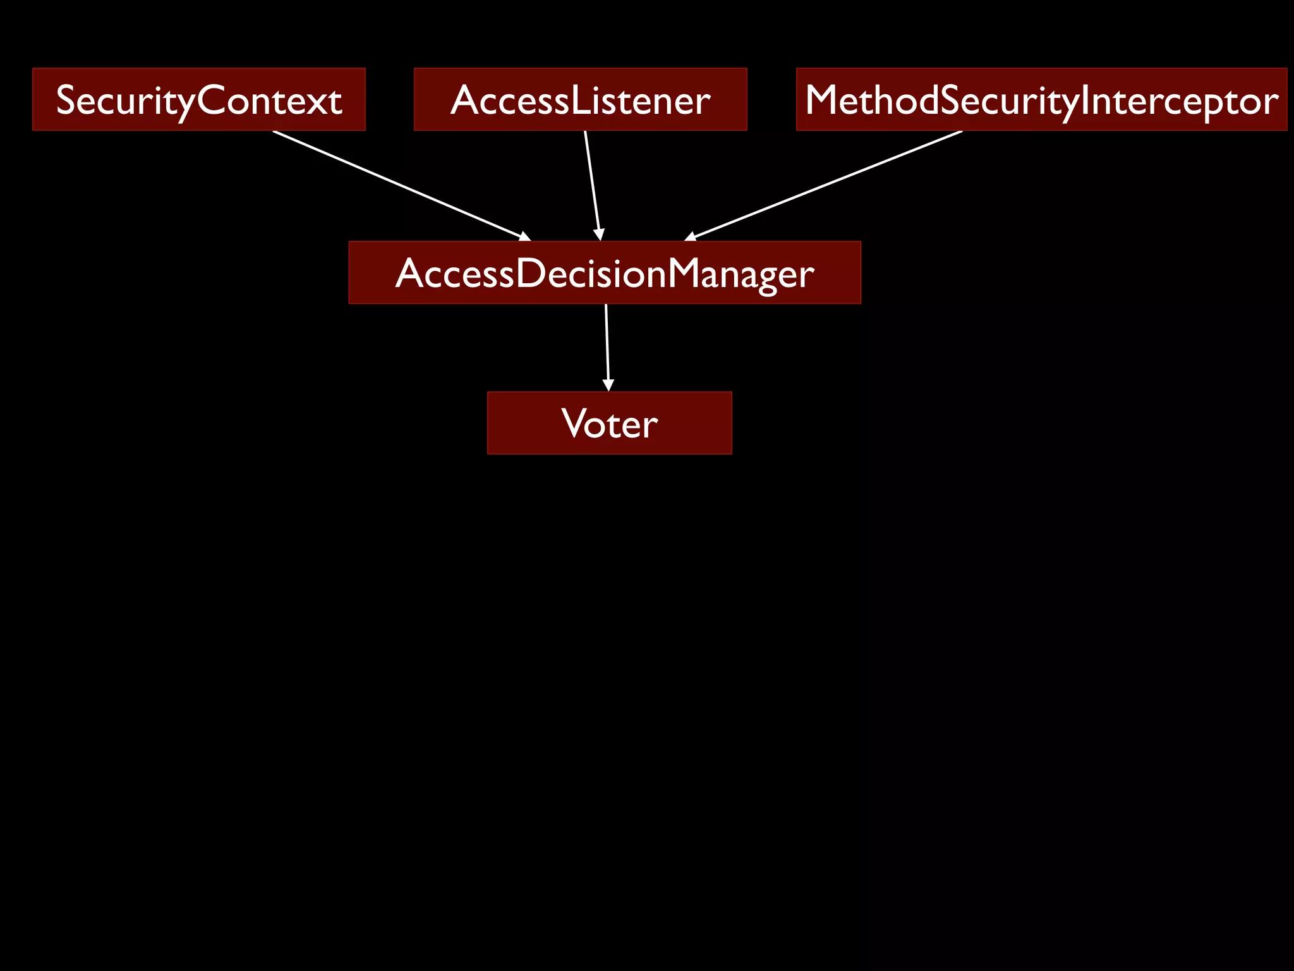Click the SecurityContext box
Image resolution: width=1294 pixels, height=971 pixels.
pyautogui.click(x=198, y=99)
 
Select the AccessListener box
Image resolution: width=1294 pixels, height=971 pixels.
pyautogui.click(x=580, y=99)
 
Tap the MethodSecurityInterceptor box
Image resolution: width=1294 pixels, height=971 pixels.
pyautogui.click(x=1041, y=99)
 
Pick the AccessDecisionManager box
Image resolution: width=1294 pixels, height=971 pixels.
pyautogui.click(x=605, y=272)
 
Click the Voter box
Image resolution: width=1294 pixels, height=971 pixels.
pyautogui.click(x=609, y=422)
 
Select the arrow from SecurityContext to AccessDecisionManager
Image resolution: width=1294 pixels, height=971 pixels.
pyautogui.click(x=398, y=185)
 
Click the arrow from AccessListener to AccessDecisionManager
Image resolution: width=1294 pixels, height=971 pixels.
pyautogui.click(x=592, y=183)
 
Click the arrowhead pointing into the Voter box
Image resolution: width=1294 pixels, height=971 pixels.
pyautogui.click(x=608, y=385)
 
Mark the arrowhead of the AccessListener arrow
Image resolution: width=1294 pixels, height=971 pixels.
pyautogui.click(x=599, y=235)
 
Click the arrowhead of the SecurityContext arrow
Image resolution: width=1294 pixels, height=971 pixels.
pyautogui.click(x=524, y=236)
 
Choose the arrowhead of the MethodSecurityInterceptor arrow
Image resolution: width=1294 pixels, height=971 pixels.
pyautogui.click(x=691, y=237)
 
